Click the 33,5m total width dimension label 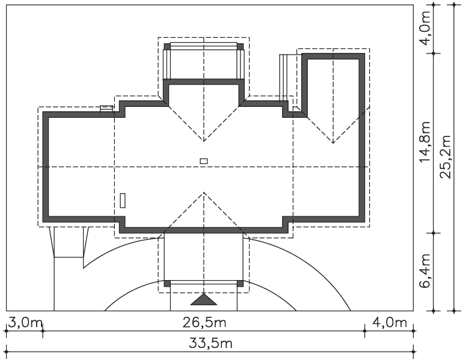(x=210, y=344)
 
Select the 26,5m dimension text (x=204, y=323)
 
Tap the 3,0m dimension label (x=25, y=323)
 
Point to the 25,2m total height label (x=446, y=157)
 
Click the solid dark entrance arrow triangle (x=204, y=299)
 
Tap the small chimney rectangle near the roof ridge (x=204, y=161)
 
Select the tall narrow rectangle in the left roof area (x=123, y=200)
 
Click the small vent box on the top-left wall (x=106, y=108)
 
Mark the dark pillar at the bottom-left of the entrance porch (x=167, y=284)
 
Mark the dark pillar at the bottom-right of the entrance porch (x=241, y=284)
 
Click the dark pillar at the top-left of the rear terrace (x=167, y=47)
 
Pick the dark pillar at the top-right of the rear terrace (x=241, y=47)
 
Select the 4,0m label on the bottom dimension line (x=390, y=323)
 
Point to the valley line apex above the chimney (x=204, y=141)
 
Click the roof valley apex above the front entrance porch (x=204, y=192)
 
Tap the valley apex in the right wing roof (x=333, y=143)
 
